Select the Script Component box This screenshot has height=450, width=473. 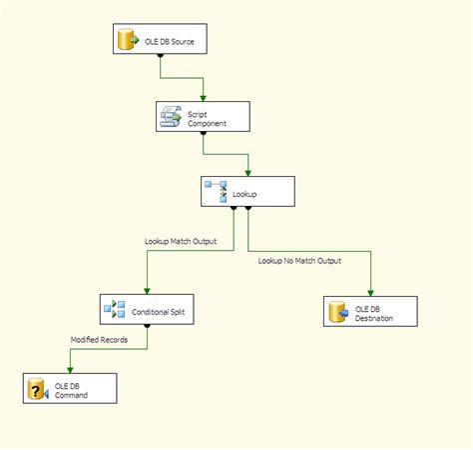point(202,117)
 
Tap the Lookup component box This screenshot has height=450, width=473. point(247,190)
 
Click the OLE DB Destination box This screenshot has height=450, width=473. point(368,312)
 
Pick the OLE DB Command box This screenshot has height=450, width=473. point(70,389)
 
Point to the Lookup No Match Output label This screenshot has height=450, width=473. point(299,261)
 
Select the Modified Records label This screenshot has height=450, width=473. point(98,339)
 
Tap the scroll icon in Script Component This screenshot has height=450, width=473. point(171,117)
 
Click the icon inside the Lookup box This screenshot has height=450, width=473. point(216,190)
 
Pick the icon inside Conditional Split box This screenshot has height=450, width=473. point(115,311)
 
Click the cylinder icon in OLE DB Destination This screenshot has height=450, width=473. point(336,312)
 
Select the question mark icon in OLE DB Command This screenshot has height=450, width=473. point(37,389)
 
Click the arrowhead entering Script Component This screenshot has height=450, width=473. point(203,98)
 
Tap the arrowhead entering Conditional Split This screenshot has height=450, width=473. point(147,291)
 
